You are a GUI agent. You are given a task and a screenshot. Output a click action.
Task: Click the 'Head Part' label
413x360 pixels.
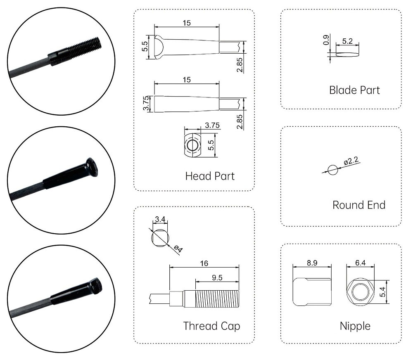(210, 176)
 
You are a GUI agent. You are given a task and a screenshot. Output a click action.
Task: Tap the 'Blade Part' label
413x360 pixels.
(354, 90)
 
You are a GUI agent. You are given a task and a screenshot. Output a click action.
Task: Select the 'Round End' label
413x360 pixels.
(358, 205)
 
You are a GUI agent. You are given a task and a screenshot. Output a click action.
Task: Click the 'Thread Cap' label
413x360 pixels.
(211, 326)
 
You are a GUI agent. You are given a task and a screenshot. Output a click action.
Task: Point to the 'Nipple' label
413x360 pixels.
(355, 326)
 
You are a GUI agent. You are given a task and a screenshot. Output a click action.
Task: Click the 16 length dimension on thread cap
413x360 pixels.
(204, 263)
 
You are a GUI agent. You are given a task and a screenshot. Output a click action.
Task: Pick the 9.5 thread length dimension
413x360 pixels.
(217, 278)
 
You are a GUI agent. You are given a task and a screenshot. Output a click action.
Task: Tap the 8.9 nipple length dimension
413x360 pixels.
(312, 263)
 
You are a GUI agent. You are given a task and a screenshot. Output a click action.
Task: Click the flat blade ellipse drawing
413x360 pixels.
(347, 54)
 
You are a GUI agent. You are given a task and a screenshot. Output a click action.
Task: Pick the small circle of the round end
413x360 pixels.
(332, 169)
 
